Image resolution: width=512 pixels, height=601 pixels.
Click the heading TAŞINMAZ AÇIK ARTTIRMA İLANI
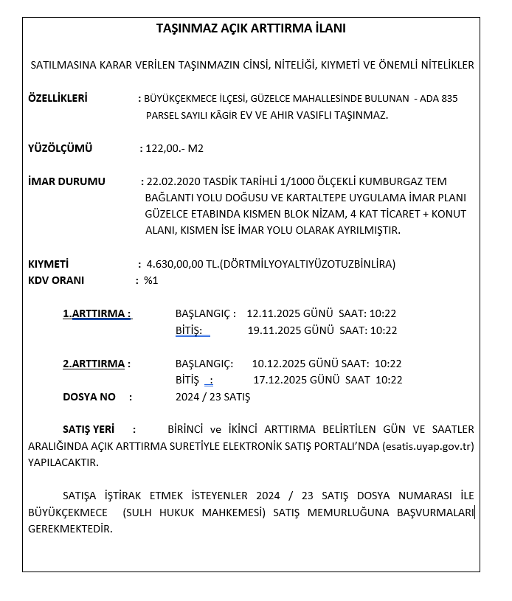(x=251, y=29)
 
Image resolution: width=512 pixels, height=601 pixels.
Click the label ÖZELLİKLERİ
(x=58, y=98)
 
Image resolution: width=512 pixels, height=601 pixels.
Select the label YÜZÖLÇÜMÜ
(x=60, y=148)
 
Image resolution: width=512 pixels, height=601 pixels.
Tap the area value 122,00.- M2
(x=174, y=148)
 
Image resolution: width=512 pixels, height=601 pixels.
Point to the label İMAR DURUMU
(x=66, y=181)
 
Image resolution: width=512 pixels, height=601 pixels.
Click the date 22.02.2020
(x=173, y=181)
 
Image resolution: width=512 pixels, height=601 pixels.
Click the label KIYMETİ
(x=48, y=264)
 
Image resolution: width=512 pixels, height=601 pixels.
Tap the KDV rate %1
(x=151, y=280)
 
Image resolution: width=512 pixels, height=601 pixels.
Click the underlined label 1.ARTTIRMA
(x=96, y=313)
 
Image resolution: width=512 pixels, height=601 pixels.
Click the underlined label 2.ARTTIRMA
(x=95, y=364)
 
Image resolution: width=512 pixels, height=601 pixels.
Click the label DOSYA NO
(x=89, y=397)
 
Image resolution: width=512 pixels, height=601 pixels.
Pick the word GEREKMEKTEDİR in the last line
(x=70, y=529)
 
